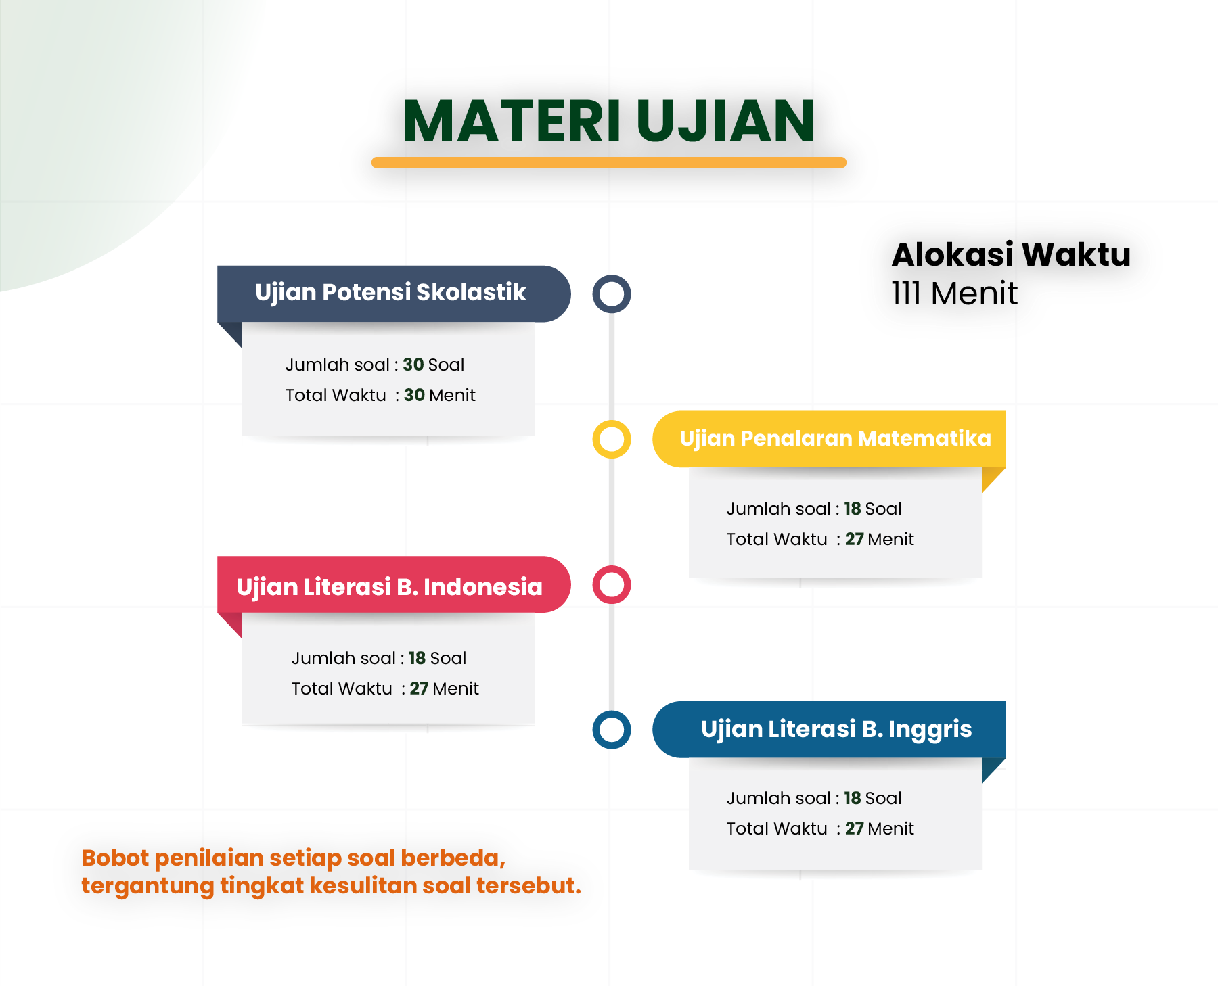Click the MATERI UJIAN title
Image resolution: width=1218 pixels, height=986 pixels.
coord(609,121)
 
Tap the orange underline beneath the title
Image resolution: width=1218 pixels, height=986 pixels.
coord(609,162)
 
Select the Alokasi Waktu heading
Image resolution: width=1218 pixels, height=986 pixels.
coord(1011,255)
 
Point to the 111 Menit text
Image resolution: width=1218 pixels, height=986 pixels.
coord(954,294)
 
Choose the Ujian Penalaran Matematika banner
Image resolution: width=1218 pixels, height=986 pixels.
coord(829,439)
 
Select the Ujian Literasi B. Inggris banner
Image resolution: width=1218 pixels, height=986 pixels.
coord(829,730)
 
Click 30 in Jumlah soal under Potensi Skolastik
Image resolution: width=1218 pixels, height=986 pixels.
coord(413,365)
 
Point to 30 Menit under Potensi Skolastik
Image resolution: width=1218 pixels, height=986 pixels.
coord(440,395)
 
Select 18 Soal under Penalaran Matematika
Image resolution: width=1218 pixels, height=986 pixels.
coord(873,509)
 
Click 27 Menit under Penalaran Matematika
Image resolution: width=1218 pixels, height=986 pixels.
coord(880,539)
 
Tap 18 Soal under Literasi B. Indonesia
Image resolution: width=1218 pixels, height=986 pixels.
coord(437,658)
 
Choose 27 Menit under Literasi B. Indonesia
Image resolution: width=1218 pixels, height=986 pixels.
coord(444,688)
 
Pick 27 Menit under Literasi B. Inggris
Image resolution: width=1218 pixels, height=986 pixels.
coord(880,828)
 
